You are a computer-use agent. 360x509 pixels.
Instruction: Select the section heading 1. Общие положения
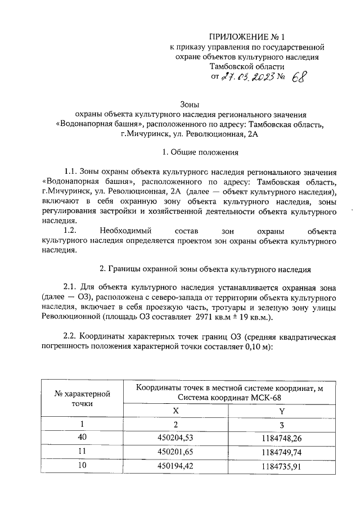click(200, 152)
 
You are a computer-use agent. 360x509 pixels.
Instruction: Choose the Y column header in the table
click(281, 411)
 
